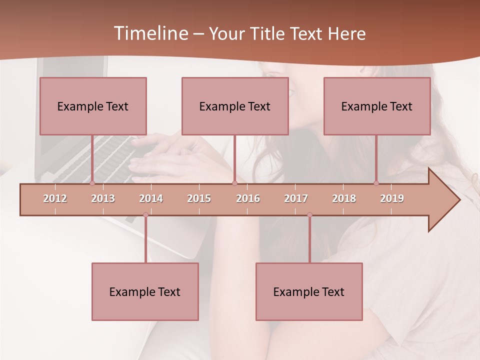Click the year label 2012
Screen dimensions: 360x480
(55, 198)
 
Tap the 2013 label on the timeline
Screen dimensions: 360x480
(103, 198)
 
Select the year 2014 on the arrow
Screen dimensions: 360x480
(151, 198)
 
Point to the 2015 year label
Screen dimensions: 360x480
(199, 198)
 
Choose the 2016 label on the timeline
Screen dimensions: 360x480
(248, 198)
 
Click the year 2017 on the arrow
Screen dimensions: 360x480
(296, 198)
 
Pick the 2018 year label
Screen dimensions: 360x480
(344, 198)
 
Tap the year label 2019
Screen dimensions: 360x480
(392, 198)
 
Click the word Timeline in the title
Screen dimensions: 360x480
(149, 33)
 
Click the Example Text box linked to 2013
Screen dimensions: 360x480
(93, 106)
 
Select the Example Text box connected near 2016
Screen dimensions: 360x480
(235, 106)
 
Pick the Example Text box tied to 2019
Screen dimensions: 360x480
(377, 106)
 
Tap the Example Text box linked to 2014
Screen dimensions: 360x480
(145, 291)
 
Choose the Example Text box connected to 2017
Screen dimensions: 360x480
(309, 291)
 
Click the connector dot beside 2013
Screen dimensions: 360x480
(92, 183)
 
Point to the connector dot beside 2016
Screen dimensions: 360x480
(234, 183)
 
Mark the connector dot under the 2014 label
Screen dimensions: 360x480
(145, 215)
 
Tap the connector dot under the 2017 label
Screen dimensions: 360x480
(309, 215)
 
